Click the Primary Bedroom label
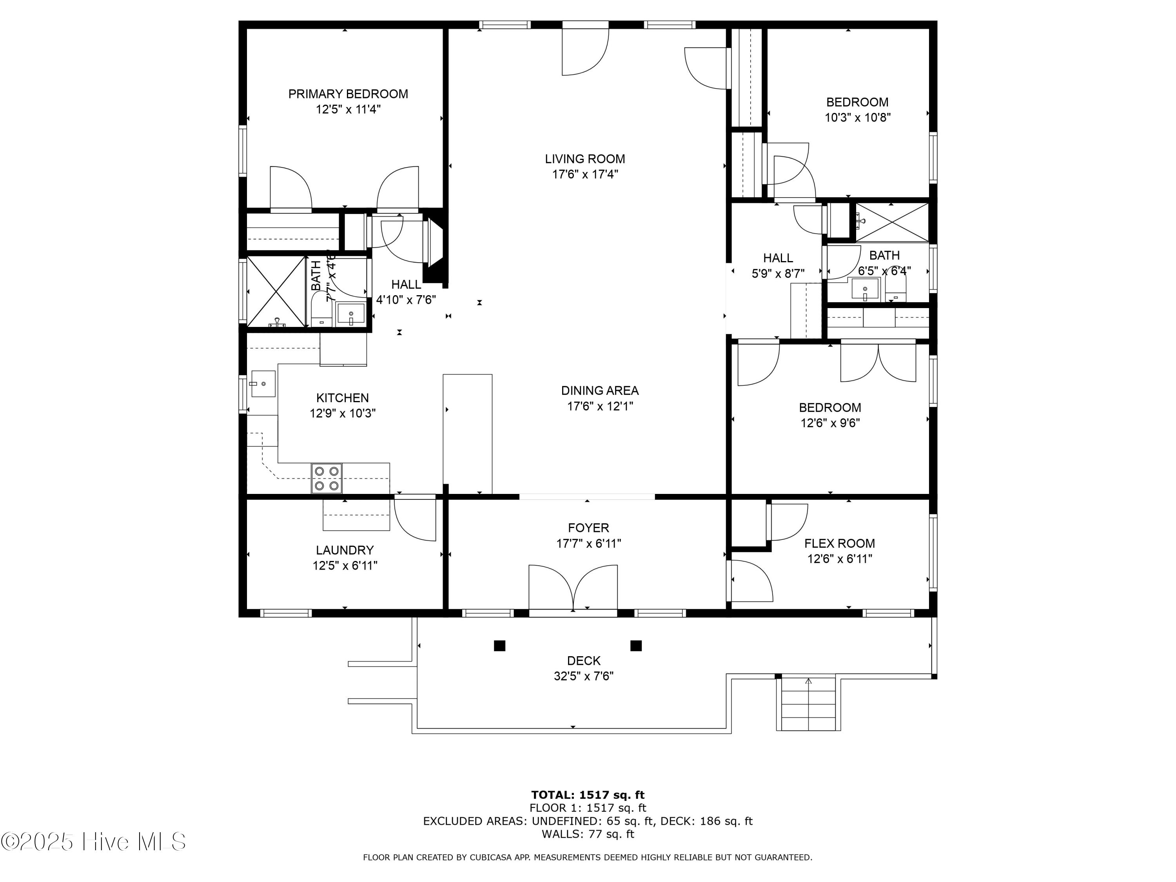pyautogui.click(x=348, y=94)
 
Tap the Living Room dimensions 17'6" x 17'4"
pyautogui.click(x=585, y=174)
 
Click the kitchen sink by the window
pyautogui.click(x=263, y=383)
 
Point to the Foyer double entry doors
pyautogui.click(x=573, y=588)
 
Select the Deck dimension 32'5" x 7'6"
pyautogui.click(x=583, y=676)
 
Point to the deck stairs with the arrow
pyautogui.click(x=808, y=704)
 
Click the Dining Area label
pyautogui.click(x=600, y=391)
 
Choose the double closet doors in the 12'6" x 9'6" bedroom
pyautogui.click(x=878, y=363)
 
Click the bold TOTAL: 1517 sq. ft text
pyautogui.click(x=588, y=795)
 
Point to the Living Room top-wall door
pyautogui.click(x=585, y=51)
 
